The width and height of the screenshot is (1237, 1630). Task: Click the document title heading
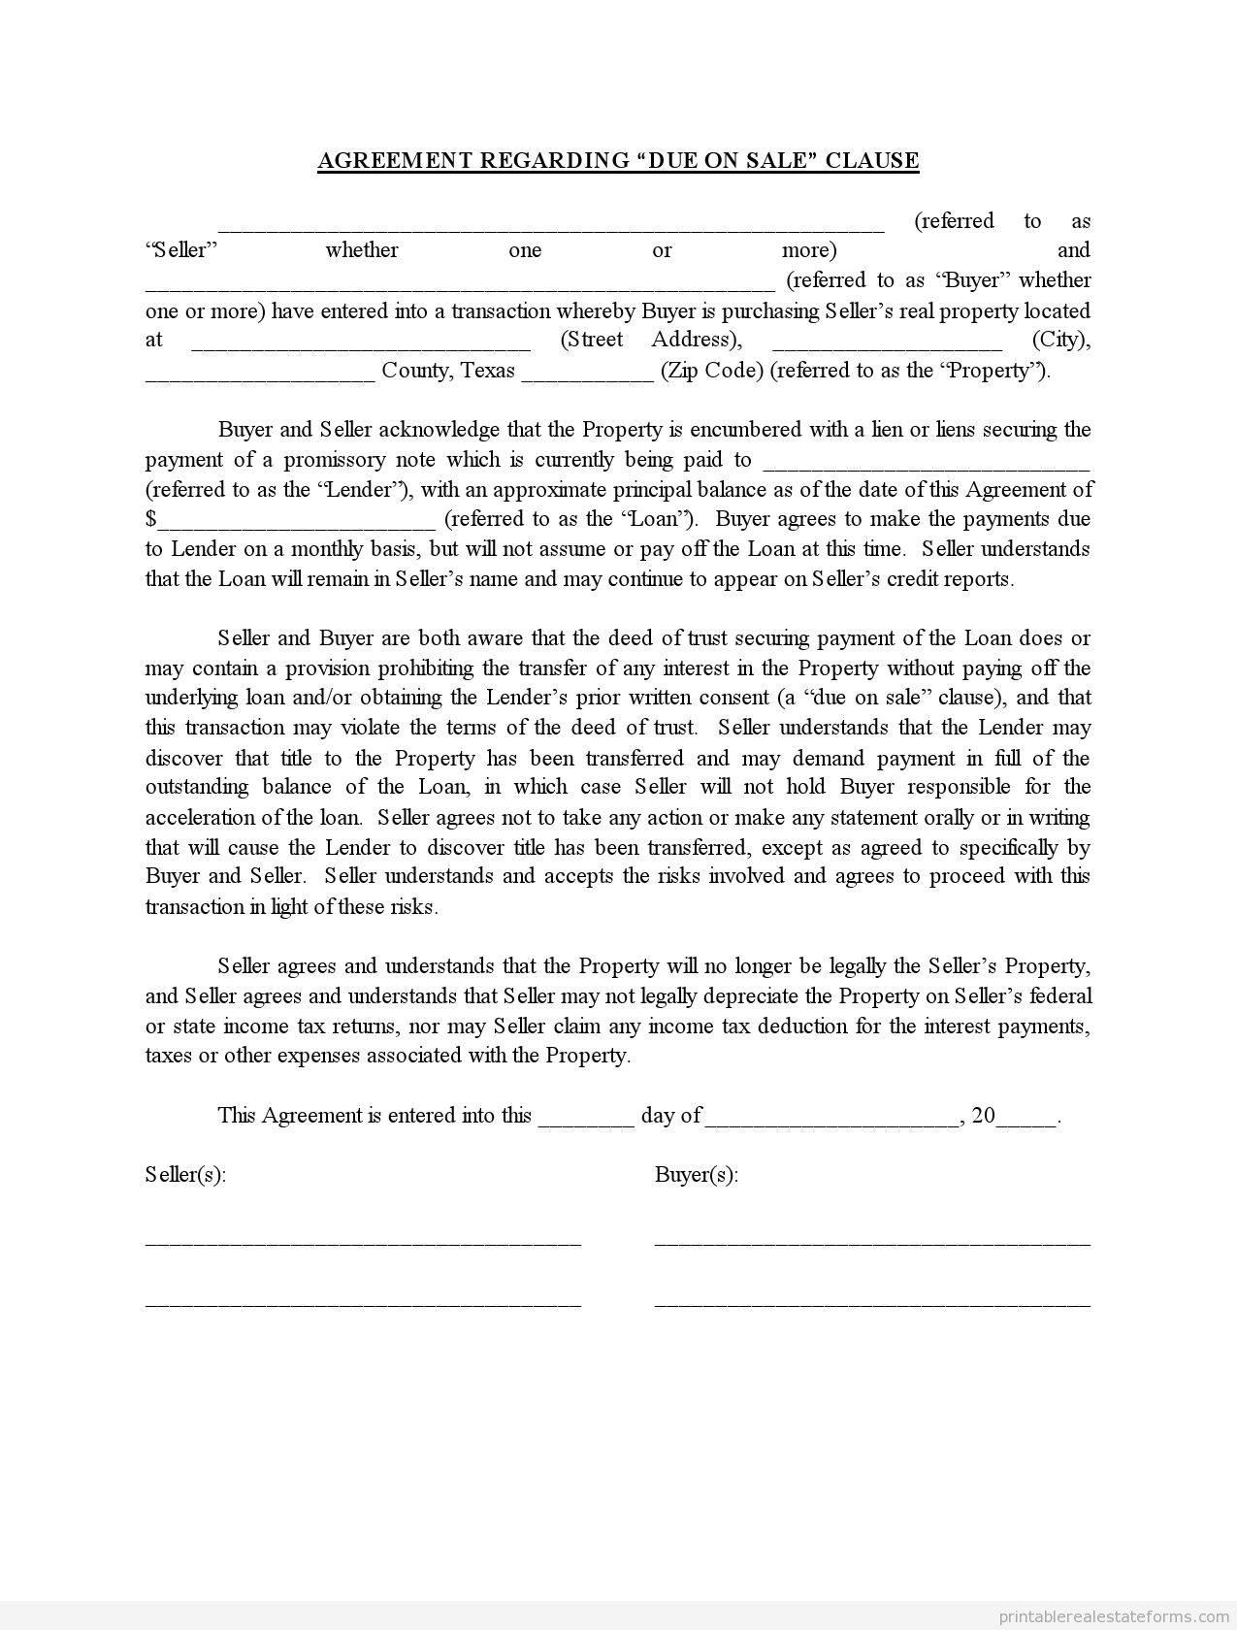click(618, 160)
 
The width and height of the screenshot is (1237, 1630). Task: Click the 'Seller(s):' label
click(185, 1175)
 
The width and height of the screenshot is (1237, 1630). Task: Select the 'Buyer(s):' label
click(697, 1175)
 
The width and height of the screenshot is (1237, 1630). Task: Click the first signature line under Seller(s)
click(363, 1243)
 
